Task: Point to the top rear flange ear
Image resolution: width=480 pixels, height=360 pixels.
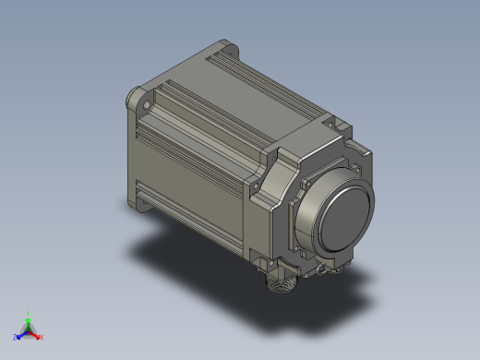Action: pos(224,42)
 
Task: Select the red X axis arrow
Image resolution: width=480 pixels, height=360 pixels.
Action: pos(35,334)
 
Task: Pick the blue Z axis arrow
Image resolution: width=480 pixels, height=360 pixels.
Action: pos(21,334)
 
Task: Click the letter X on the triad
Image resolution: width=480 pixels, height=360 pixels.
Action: pos(42,338)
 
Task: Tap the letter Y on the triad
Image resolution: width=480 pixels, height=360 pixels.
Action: pos(29,312)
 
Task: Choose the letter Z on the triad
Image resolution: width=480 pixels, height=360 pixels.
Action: pos(15,338)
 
